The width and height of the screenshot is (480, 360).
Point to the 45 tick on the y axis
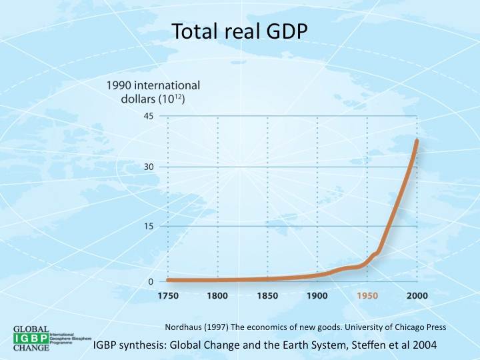click(147, 116)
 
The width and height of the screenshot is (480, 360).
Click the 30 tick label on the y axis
click(147, 167)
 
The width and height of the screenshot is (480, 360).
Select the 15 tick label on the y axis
click(147, 226)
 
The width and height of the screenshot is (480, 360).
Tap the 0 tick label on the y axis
click(151, 281)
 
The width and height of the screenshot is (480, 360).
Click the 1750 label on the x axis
click(168, 295)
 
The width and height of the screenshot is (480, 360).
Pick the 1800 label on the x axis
click(217, 295)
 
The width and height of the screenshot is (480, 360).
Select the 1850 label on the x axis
click(267, 295)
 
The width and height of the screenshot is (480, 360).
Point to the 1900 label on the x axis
click(317, 295)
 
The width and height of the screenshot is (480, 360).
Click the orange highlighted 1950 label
click(367, 295)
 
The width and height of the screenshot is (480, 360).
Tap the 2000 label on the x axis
click(417, 295)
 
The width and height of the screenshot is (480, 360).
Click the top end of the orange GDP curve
click(417, 141)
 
